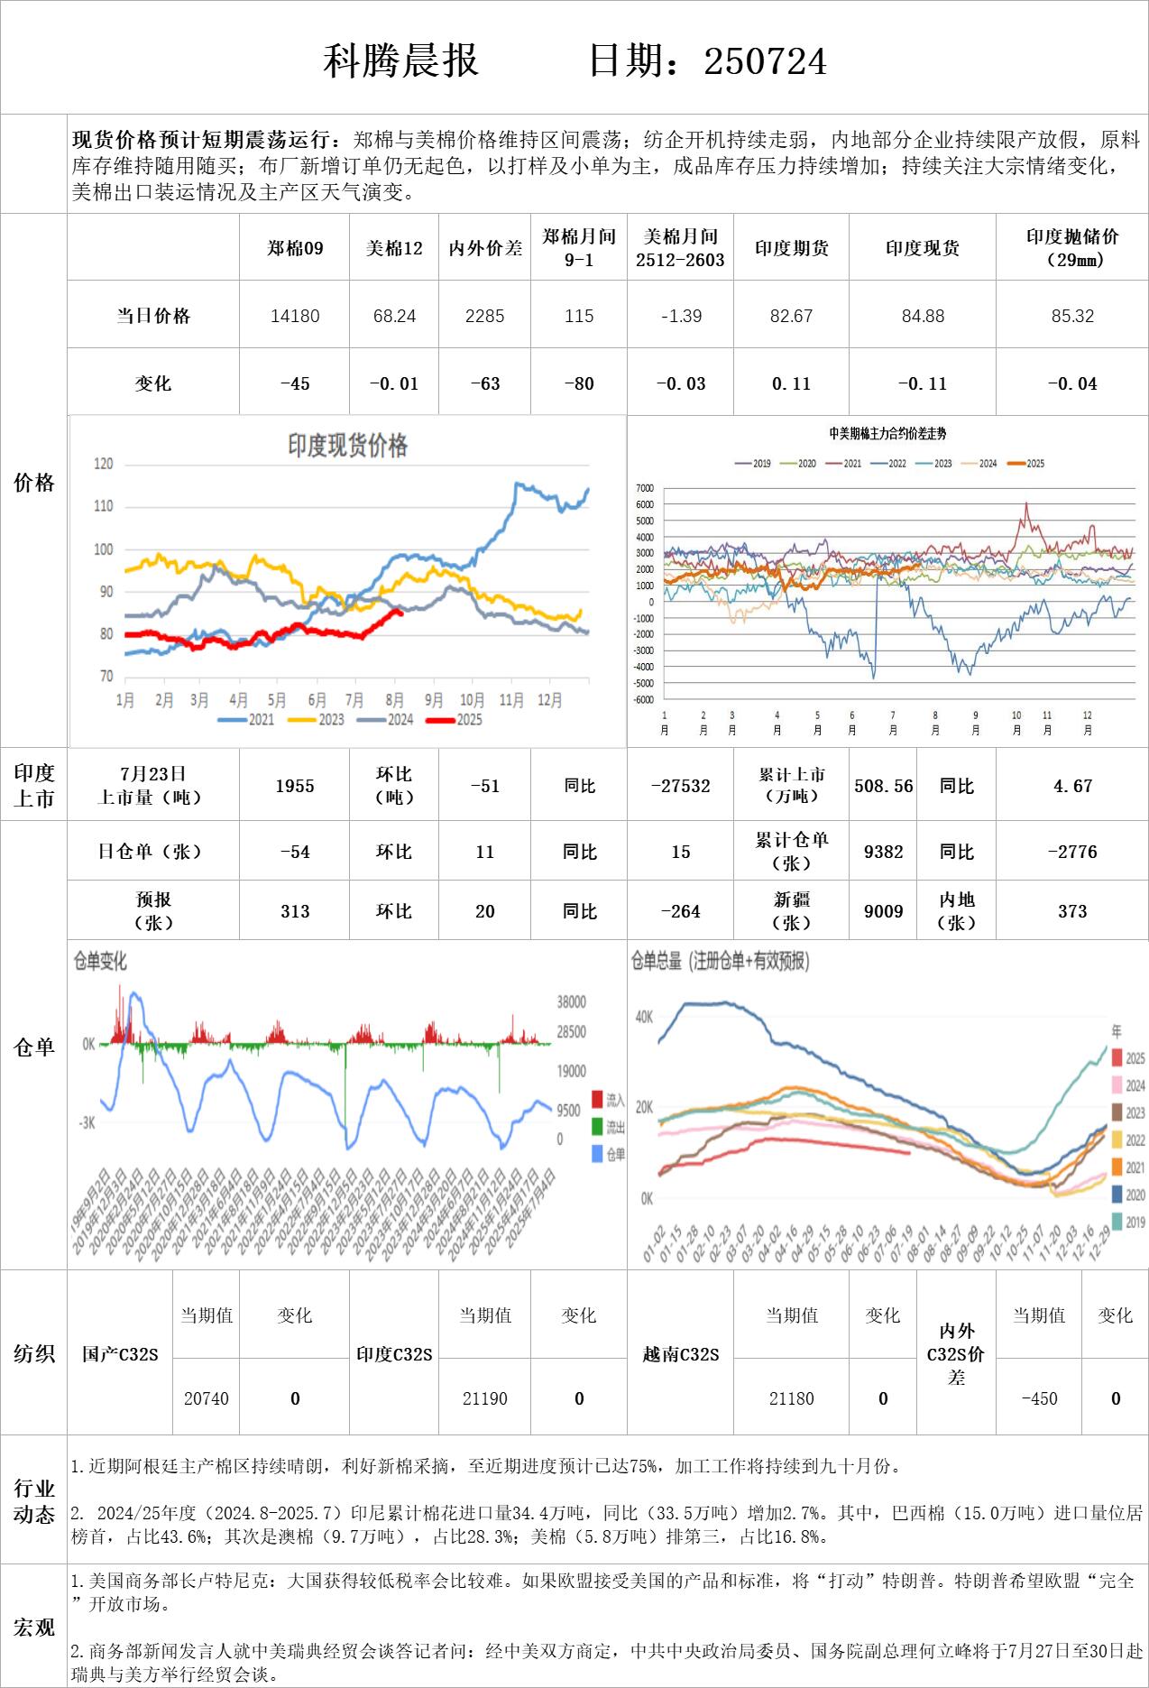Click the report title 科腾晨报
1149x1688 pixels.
(400, 61)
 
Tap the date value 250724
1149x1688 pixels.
(765, 61)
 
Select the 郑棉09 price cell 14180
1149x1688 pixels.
(295, 316)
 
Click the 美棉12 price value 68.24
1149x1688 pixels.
(394, 316)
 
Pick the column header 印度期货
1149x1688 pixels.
(791, 248)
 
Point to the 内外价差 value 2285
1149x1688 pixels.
(484, 316)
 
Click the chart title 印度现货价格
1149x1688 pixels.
(347, 446)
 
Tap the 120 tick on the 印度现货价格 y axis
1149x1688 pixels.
(104, 464)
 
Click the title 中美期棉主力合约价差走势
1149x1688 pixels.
(887, 434)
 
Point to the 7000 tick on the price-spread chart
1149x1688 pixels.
(644, 488)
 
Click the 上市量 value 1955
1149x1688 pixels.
(295, 786)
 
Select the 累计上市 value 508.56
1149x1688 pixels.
(883, 786)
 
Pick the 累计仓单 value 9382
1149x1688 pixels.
(883, 852)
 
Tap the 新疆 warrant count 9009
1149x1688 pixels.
(883, 911)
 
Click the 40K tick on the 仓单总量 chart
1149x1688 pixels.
(644, 1017)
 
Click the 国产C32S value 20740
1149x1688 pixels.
(207, 1398)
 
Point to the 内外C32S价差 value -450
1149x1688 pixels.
(1039, 1398)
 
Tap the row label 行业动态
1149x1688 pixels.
(34, 1501)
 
